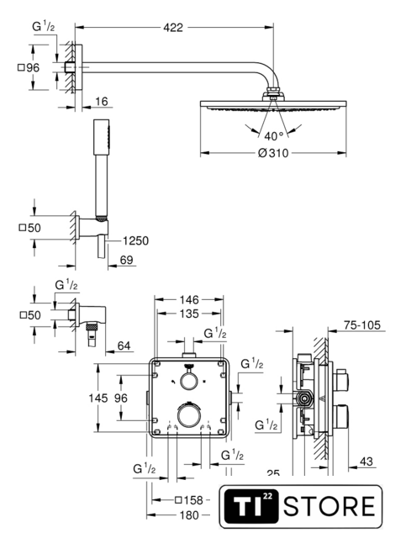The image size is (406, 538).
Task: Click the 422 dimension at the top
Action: pos(173,28)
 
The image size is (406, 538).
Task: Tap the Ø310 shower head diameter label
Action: pos(273,153)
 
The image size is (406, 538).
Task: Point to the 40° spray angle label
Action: pos(274,136)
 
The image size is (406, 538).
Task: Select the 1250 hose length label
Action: pos(135,241)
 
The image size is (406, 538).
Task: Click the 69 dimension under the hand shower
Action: pos(126,260)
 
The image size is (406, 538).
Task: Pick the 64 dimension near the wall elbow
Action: pos(124,345)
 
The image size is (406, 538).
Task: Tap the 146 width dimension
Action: pos(189,300)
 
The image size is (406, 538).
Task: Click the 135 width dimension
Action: pos(189,314)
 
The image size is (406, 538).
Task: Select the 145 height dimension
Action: pos(98,398)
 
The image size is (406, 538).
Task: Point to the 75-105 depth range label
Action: pos(362,325)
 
